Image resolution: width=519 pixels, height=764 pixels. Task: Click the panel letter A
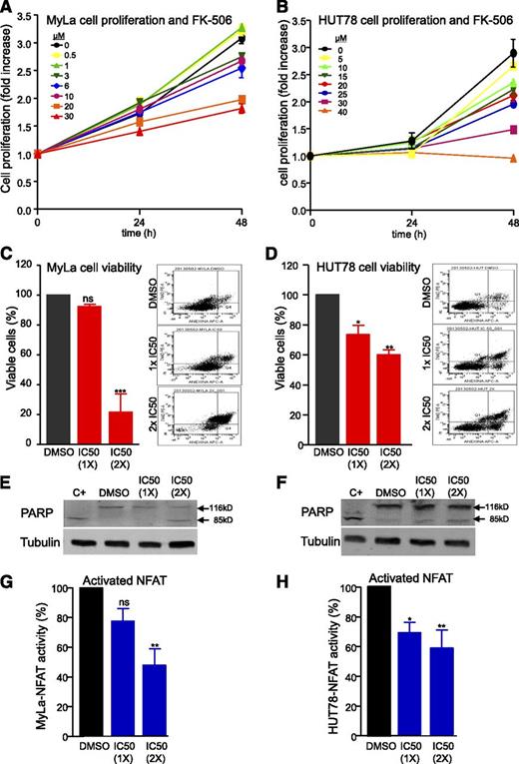[x=7, y=9]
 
